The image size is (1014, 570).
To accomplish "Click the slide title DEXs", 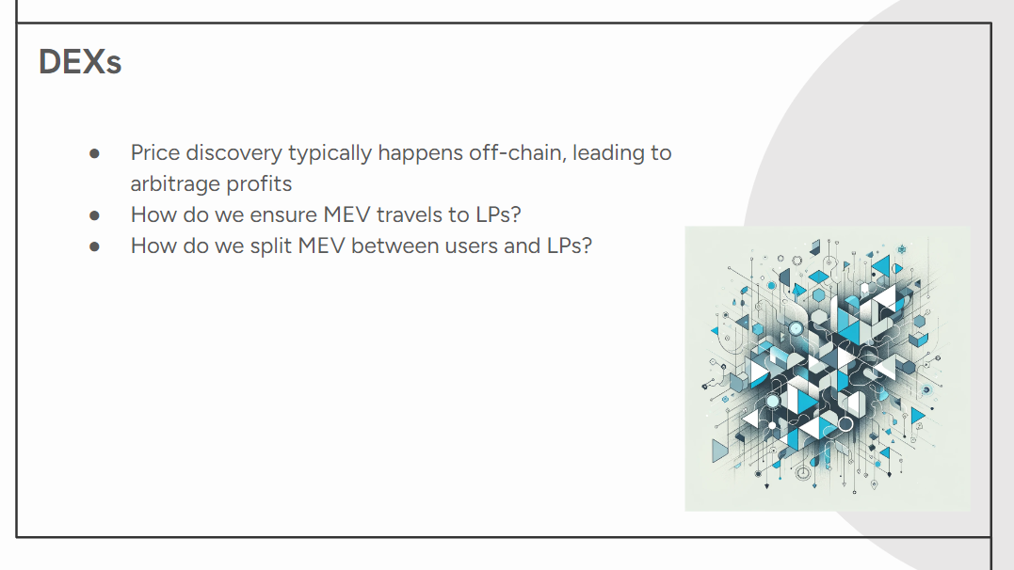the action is click(x=80, y=62).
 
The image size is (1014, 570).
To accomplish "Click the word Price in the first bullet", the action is click(x=154, y=152).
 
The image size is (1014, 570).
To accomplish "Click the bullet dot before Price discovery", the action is click(x=94, y=153).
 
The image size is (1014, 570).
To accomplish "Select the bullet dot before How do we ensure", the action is click(x=94, y=215).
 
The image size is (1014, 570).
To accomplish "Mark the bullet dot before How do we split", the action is click(x=94, y=246).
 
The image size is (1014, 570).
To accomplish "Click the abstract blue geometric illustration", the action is click(x=828, y=369).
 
